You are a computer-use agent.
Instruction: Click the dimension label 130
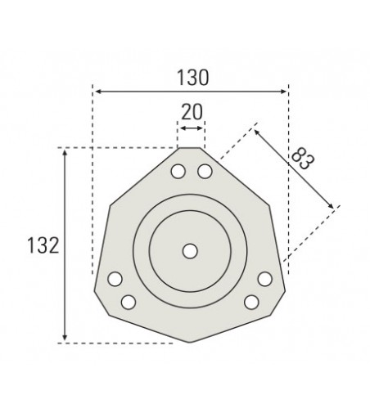click(191, 77)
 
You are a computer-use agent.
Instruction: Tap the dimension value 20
click(192, 112)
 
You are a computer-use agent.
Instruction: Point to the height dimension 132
click(42, 245)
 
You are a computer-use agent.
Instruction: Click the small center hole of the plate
click(191, 251)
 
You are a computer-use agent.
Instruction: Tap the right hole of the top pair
click(205, 171)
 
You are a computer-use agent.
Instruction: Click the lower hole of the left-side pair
click(129, 302)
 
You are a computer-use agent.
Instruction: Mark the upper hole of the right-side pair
click(265, 280)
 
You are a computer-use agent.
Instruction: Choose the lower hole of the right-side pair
click(252, 302)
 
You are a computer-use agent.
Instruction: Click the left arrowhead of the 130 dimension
click(96, 90)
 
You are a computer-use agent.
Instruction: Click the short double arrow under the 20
click(192, 128)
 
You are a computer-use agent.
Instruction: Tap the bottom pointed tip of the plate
click(191, 342)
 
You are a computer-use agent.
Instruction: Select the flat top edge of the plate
click(191, 148)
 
